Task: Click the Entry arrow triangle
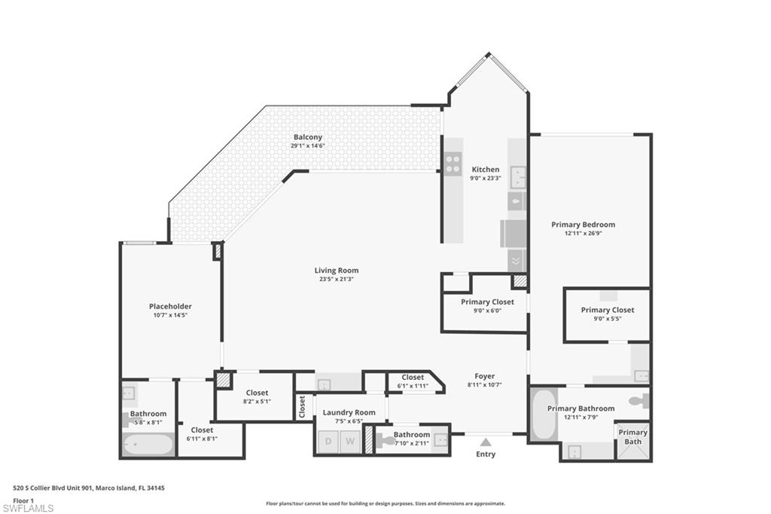pyautogui.click(x=486, y=442)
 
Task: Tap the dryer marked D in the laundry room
pyautogui.click(x=328, y=442)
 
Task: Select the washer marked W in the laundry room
pyautogui.click(x=350, y=442)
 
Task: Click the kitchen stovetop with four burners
pyautogui.click(x=453, y=164)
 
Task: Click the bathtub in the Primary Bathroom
pyautogui.click(x=543, y=415)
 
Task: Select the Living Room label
pyautogui.click(x=337, y=271)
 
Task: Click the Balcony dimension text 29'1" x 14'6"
pyautogui.click(x=308, y=145)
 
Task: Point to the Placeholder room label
pyautogui.click(x=170, y=306)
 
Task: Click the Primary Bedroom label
pyautogui.click(x=584, y=225)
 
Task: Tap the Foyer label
pyautogui.click(x=485, y=376)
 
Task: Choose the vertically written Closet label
pyautogui.click(x=302, y=407)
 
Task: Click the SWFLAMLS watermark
pyautogui.click(x=28, y=508)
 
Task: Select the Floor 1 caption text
pyautogui.click(x=23, y=500)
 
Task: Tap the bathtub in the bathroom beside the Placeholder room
pyautogui.click(x=148, y=445)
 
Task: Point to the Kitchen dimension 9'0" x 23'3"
pyautogui.click(x=486, y=178)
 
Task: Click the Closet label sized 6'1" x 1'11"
pyautogui.click(x=413, y=377)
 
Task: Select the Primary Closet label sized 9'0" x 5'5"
pyautogui.click(x=608, y=310)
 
